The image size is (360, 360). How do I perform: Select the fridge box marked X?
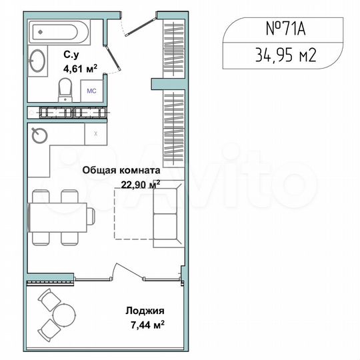[x=96, y=133]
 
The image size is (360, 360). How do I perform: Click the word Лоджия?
[x=145, y=311]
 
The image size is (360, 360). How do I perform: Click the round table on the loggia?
[x=63, y=313]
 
